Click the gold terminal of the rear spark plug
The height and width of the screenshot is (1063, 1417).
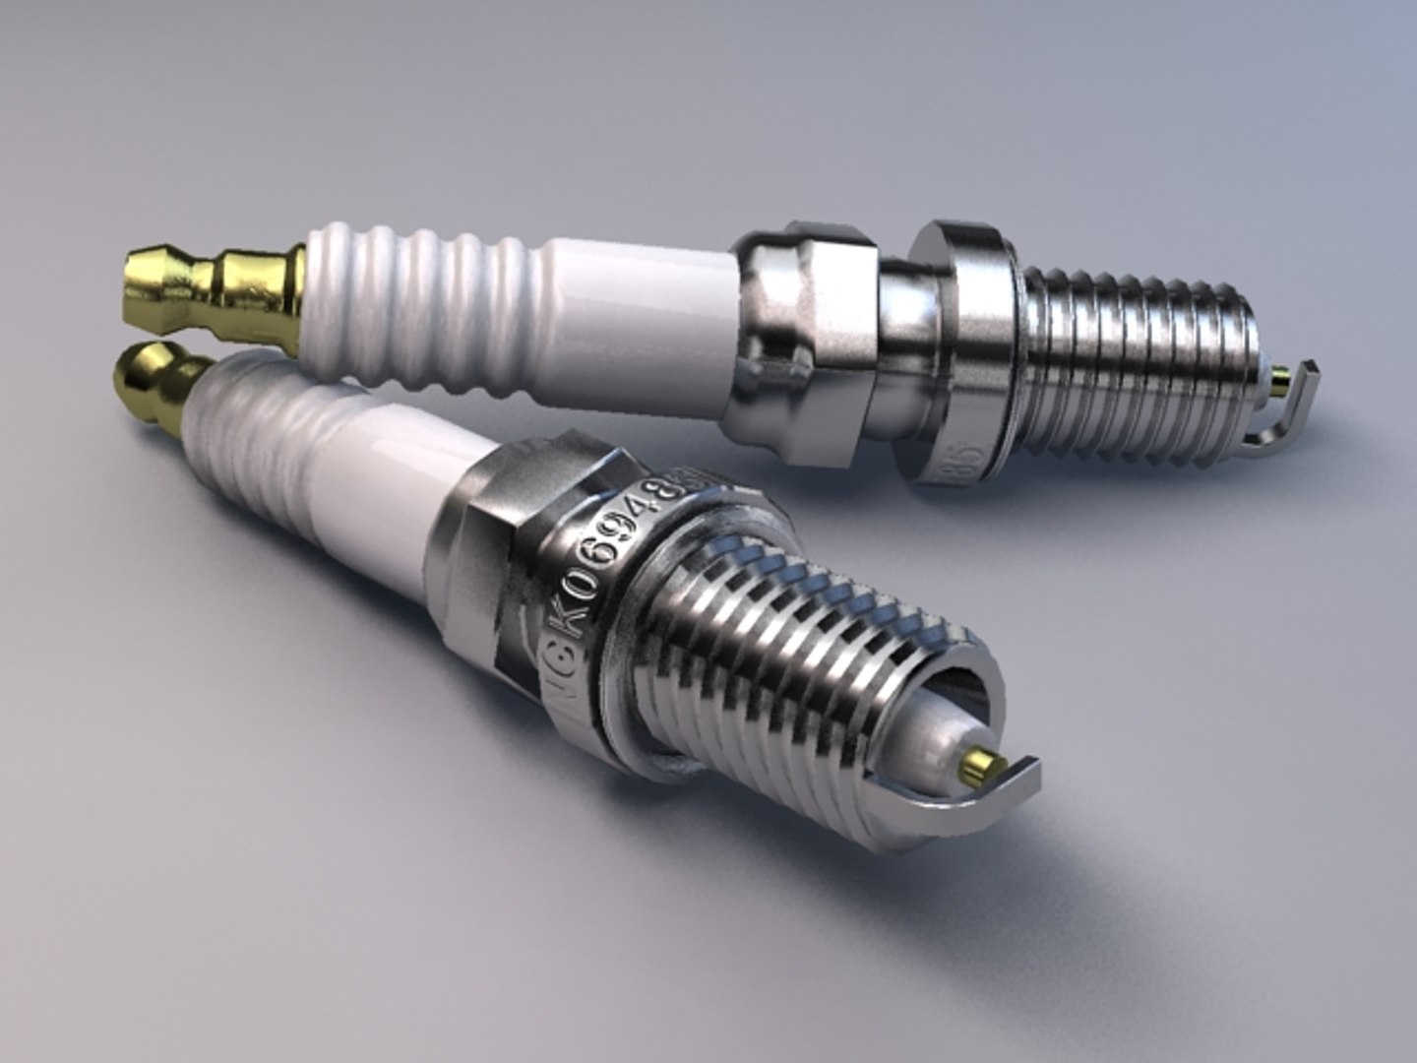(212, 290)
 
